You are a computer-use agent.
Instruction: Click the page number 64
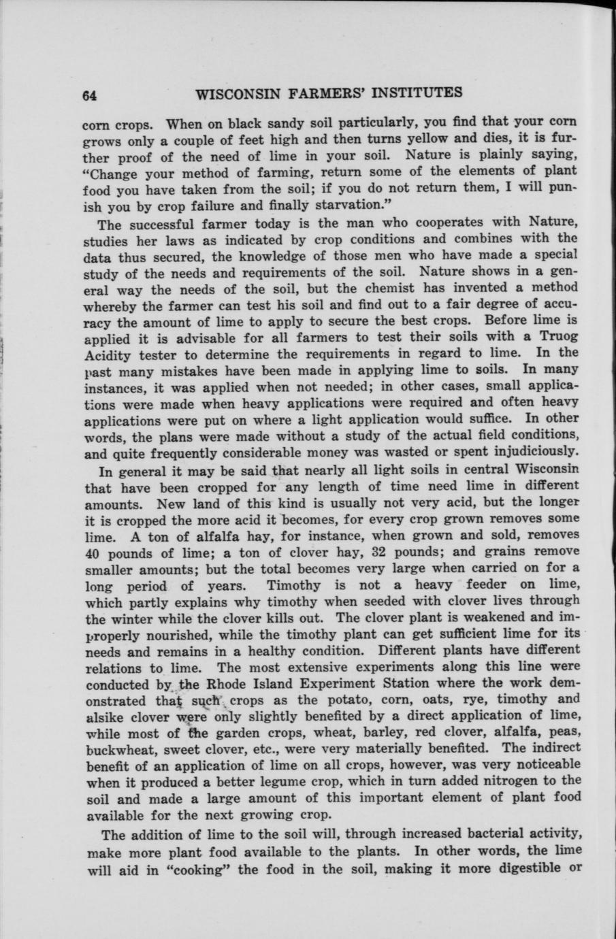[x=89, y=96]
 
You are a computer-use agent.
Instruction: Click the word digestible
[x=525, y=868]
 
